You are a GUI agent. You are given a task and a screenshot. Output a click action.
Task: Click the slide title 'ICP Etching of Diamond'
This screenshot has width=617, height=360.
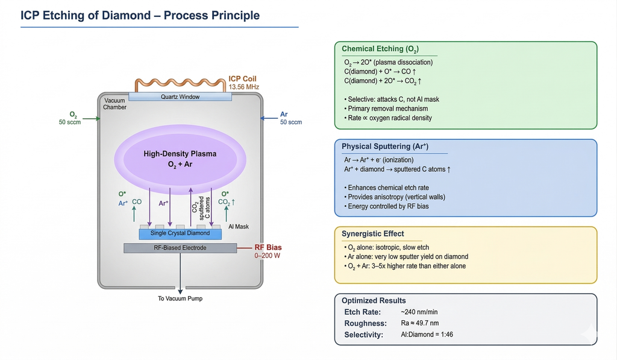click(140, 15)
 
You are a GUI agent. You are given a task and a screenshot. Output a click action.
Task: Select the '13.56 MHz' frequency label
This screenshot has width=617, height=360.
click(244, 87)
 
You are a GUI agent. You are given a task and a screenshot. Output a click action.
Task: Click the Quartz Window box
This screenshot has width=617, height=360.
click(180, 96)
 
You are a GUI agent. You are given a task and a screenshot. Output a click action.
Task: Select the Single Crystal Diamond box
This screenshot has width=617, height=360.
click(180, 233)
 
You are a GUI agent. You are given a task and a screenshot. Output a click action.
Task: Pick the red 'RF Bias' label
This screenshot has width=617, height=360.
click(268, 247)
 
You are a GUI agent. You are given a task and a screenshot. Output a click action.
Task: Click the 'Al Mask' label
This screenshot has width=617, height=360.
click(239, 227)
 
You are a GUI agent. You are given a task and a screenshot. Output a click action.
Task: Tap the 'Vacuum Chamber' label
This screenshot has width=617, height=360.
click(114, 103)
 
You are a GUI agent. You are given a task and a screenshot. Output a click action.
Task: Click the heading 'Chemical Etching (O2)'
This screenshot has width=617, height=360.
click(380, 49)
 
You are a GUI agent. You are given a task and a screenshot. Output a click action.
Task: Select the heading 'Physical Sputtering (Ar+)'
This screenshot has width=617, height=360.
click(384, 147)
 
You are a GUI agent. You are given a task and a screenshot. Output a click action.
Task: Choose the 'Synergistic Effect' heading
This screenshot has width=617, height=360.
click(372, 233)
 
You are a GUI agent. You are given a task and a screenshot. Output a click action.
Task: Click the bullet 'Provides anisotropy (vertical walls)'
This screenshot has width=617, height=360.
click(396, 197)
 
